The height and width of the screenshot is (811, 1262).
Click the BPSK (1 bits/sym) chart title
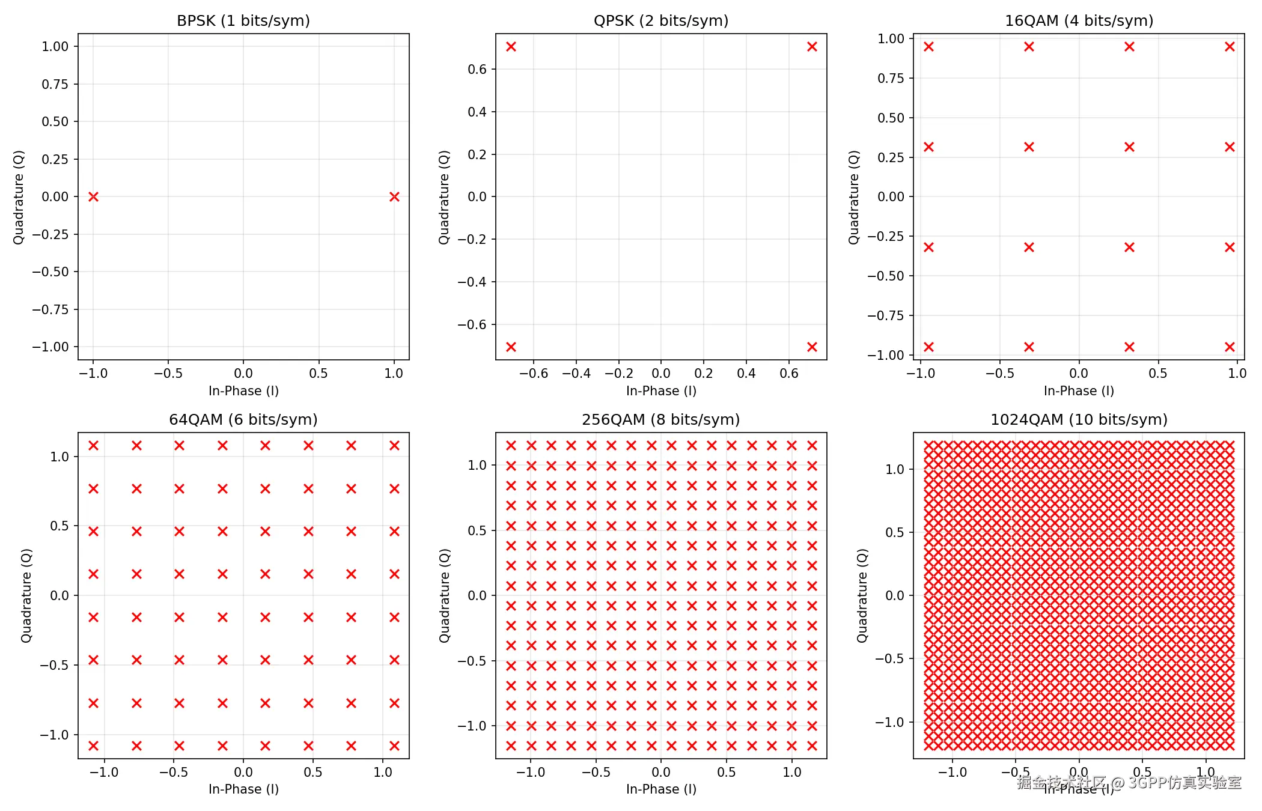click(243, 21)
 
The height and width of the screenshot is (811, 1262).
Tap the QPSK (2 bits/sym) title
click(661, 21)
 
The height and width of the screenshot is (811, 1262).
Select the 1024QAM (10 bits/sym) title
click(1079, 419)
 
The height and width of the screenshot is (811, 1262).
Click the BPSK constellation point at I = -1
click(93, 196)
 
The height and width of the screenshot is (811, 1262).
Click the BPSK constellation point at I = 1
click(394, 196)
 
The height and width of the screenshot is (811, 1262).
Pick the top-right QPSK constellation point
click(812, 46)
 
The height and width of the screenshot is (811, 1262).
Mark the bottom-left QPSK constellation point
click(511, 347)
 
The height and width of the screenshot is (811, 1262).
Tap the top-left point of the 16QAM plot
click(928, 46)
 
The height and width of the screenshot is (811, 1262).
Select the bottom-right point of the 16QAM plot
click(1230, 347)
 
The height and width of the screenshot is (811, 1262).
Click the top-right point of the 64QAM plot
click(394, 445)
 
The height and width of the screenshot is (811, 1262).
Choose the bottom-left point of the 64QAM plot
click(93, 746)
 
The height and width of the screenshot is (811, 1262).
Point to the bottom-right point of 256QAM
click(812, 746)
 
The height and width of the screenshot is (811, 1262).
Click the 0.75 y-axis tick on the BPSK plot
click(55, 84)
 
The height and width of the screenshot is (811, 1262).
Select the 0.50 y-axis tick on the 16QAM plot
click(891, 118)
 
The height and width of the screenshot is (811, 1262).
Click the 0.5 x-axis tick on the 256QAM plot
click(726, 772)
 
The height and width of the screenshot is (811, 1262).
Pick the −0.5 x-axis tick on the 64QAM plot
click(174, 772)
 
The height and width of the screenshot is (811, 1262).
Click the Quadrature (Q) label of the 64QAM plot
click(26, 595)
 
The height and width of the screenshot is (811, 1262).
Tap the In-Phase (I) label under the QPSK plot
click(661, 391)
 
